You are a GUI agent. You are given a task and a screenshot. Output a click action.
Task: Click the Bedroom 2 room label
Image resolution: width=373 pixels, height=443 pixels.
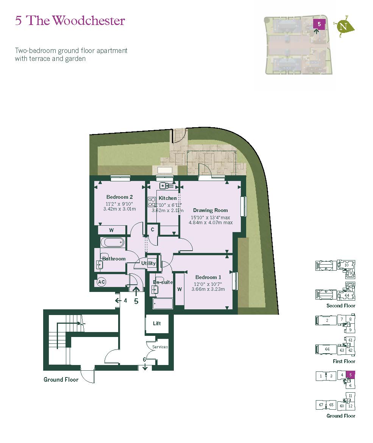[x=119, y=197]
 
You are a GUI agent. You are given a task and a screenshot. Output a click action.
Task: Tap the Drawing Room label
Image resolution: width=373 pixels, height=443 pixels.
[x=210, y=210]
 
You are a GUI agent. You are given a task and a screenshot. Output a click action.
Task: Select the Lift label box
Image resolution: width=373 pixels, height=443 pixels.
[x=157, y=323]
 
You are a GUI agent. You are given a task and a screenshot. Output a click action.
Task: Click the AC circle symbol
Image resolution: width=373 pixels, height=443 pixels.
[x=101, y=282]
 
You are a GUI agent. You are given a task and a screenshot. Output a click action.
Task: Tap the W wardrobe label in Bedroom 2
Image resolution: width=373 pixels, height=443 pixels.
[x=111, y=230]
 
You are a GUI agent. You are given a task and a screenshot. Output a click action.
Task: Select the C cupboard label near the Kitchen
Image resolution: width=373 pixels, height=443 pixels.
[x=153, y=229]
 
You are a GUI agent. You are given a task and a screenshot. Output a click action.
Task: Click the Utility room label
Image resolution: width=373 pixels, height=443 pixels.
[x=148, y=263]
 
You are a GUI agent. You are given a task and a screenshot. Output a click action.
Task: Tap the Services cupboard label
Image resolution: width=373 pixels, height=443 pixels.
[x=160, y=347]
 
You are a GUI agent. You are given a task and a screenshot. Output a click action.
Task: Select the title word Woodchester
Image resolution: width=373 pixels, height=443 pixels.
[x=89, y=20]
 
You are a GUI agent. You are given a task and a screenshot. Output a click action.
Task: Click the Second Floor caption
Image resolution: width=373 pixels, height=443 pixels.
[x=340, y=306]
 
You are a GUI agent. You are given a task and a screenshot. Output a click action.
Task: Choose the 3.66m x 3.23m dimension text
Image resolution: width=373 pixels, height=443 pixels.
[x=208, y=289]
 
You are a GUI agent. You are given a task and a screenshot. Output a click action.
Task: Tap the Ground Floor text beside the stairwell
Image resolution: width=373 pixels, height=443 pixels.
[x=61, y=379]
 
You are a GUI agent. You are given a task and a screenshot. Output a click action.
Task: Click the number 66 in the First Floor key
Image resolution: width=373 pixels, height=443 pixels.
[x=328, y=349]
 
